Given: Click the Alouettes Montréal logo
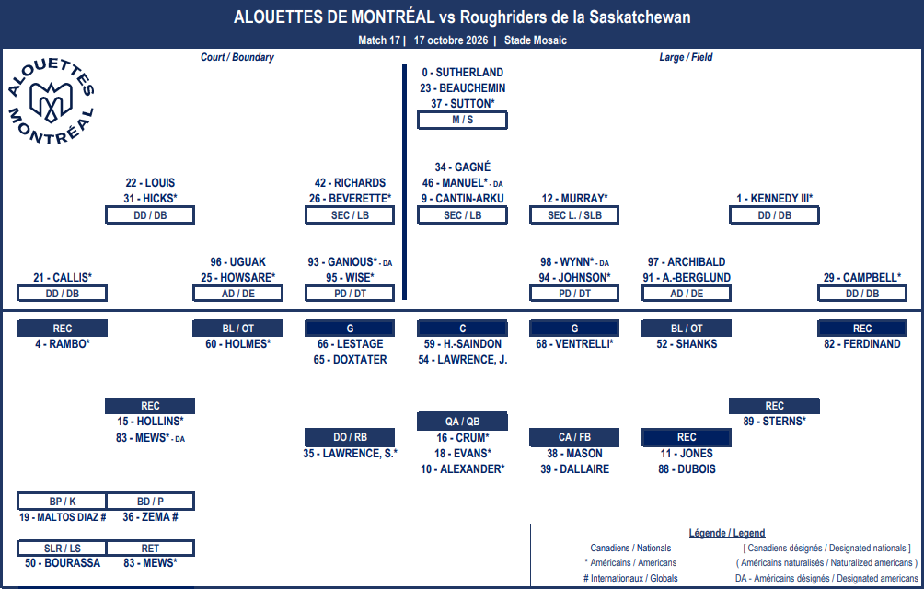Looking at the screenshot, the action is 51,101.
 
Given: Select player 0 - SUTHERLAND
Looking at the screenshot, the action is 463,73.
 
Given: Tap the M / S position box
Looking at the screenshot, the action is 463,120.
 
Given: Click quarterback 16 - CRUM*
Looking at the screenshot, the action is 463,438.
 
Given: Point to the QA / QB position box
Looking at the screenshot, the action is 463,422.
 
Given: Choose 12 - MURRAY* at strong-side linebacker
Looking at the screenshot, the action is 574,199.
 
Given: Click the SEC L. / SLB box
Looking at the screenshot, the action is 574,215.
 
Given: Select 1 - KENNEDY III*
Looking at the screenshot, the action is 774,199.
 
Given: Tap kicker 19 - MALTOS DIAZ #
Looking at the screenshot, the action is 63,517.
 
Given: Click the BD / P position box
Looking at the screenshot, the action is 150,502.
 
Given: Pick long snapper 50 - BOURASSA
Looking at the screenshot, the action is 63,563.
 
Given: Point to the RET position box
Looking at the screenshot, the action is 150,549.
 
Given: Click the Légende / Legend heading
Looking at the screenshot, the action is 727,533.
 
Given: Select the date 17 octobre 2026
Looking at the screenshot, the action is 451,40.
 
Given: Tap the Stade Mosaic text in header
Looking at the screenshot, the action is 535,40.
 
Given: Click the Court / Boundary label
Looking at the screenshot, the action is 237,57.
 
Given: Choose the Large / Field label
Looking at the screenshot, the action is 686,57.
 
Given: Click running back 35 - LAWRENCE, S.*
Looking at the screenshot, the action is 350,454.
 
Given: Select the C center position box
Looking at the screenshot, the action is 463,328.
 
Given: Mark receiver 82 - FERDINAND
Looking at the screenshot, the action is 862,344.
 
